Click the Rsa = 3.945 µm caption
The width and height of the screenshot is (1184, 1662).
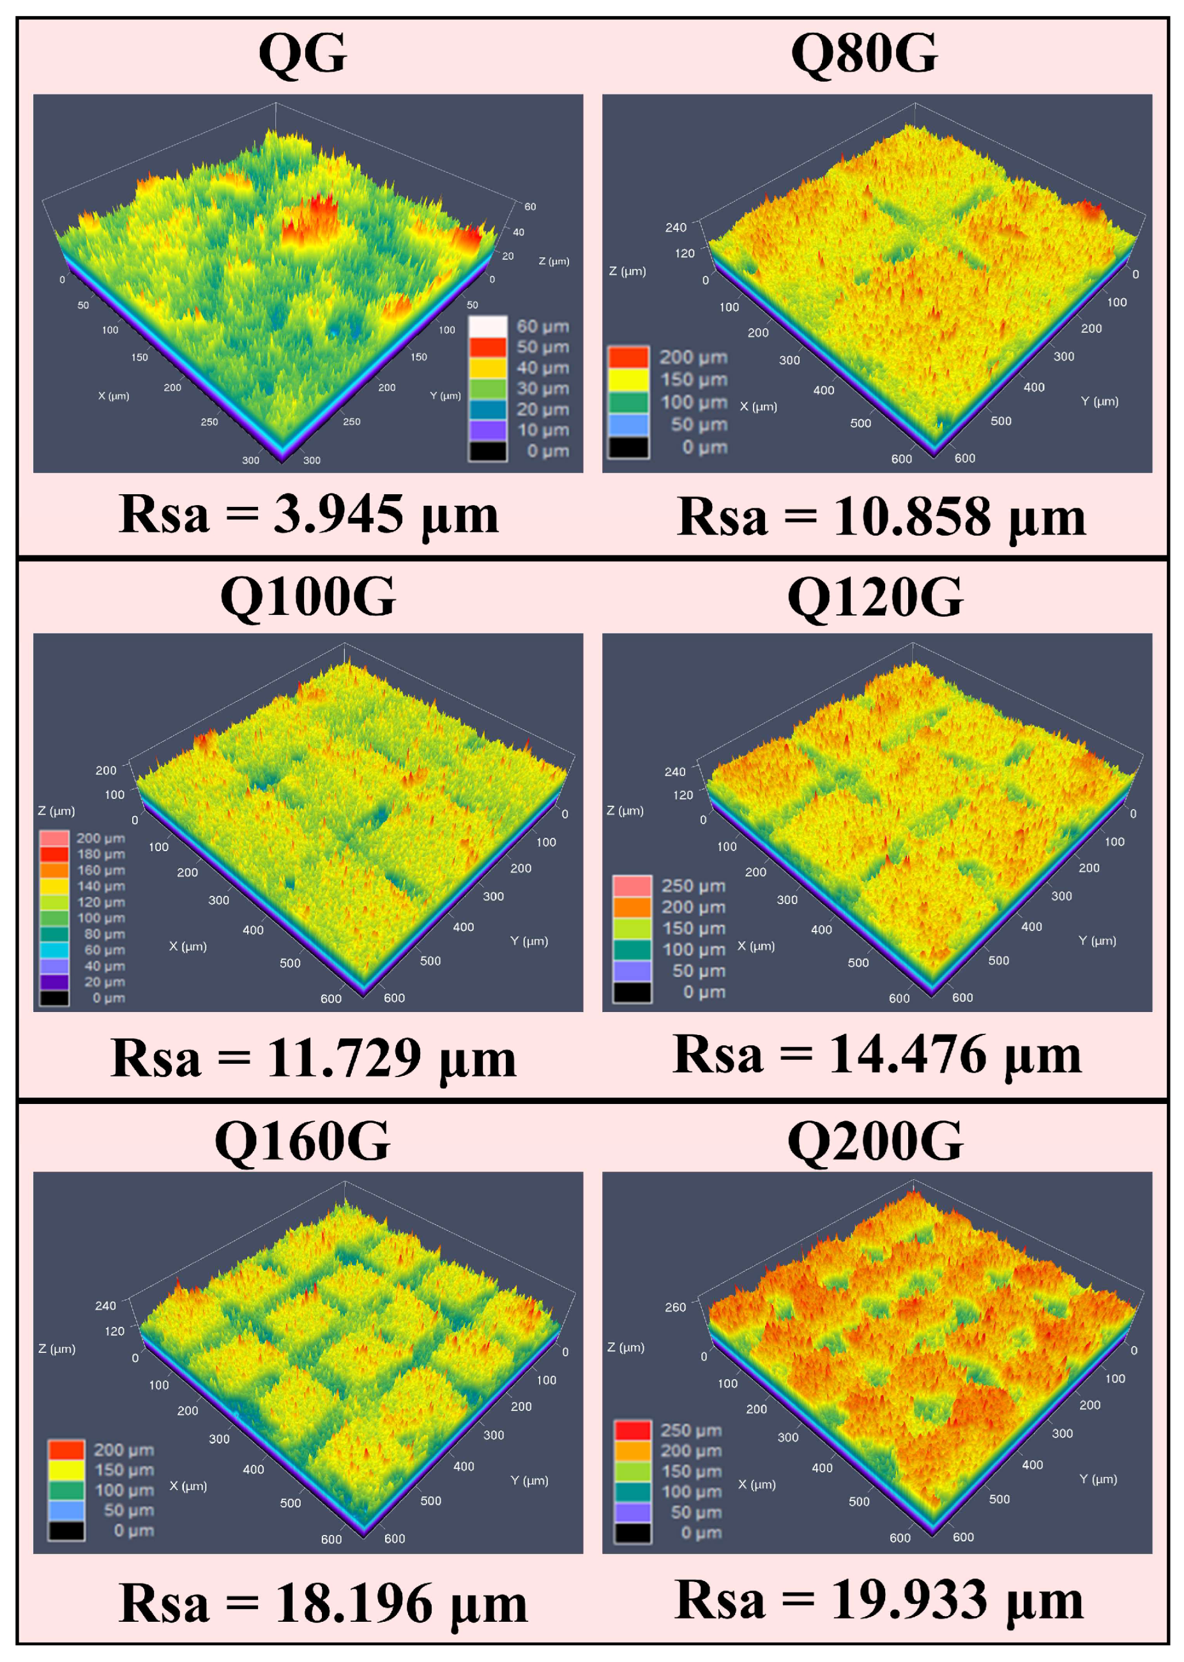click(x=308, y=515)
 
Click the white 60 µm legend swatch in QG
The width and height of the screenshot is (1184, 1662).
click(x=488, y=326)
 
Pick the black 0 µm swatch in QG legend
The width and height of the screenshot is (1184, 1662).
click(x=488, y=451)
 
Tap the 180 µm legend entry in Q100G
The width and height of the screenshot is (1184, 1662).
click(x=55, y=854)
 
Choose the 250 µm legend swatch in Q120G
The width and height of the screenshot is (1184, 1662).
click(x=632, y=886)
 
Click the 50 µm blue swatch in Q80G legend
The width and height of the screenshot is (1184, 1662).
click(x=628, y=424)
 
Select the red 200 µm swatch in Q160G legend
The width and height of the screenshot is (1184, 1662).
click(x=66, y=1449)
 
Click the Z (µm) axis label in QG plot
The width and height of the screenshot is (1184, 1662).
click(x=554, y=261)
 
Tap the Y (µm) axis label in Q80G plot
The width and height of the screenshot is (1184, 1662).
click(x=1100, y=401)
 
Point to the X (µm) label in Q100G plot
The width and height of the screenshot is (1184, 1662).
click(x=188, y=946)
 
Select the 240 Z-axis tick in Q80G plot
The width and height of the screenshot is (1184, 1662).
click(x=675, y=227)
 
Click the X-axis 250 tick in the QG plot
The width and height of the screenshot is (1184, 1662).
click(x=209, y=421)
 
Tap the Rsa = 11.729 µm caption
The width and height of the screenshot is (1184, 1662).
click(x=314, y=1059)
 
